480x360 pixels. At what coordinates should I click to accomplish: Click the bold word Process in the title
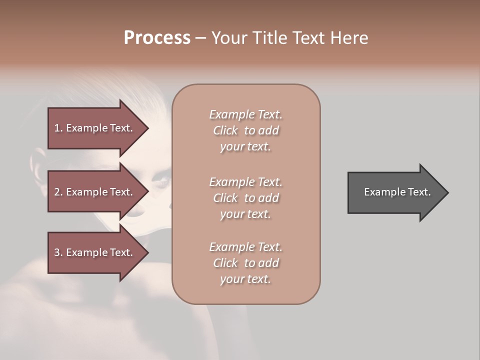pyautogui.click(x=157, y=38)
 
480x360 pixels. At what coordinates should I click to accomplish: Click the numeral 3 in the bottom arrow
pyautogui.click(x=56, y=252)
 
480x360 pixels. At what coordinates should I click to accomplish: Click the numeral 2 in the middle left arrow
pyautogui.click(x=56, y=192)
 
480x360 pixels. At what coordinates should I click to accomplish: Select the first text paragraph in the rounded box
pyautogui.click(x=245, y=130)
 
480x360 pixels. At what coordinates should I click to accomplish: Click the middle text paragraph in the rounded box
pyautogui.click(x=245, y=198)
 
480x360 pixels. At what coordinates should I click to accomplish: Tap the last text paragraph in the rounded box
pyautogui.click(x=245, y=263)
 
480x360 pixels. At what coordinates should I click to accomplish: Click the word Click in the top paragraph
pyautogui.click(x=225, y=130)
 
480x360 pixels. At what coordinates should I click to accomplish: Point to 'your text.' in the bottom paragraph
pyautogui.click(x=245, y=279)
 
